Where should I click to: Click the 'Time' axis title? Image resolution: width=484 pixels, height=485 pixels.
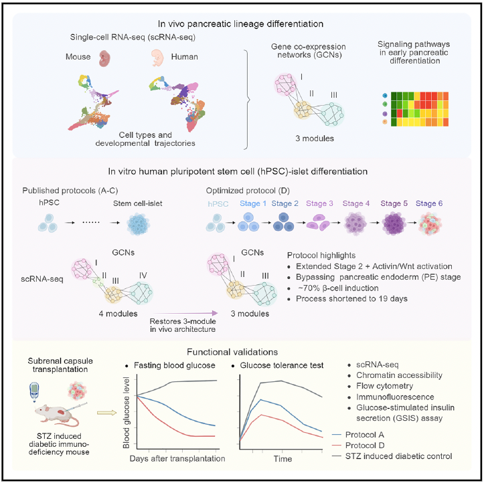(281, 460)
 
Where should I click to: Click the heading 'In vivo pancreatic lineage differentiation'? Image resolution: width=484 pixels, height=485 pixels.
(242, 23)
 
